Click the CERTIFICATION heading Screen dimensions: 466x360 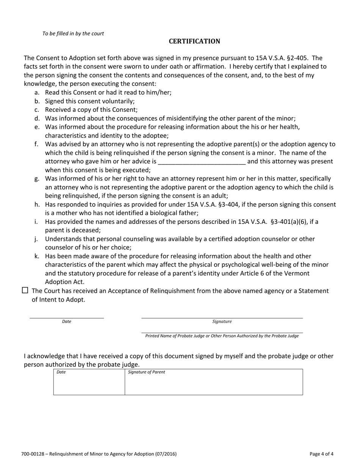[194, 41]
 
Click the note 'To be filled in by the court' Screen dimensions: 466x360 [73, 33]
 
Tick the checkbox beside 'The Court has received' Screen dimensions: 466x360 [25, 291]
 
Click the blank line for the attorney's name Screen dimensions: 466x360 [202, 162]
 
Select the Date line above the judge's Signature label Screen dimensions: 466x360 [67, 317]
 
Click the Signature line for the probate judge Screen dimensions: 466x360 [222, 317]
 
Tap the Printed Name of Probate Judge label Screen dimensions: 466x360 [222, 336]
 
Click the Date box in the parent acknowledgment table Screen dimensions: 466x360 [89, 383]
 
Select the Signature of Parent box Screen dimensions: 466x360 [214, 383]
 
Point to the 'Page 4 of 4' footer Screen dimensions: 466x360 [321, 453]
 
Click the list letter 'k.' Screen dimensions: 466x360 [37, 256]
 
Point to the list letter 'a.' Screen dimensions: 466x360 [37, 92]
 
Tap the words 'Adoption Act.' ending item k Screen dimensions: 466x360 [65, 282]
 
